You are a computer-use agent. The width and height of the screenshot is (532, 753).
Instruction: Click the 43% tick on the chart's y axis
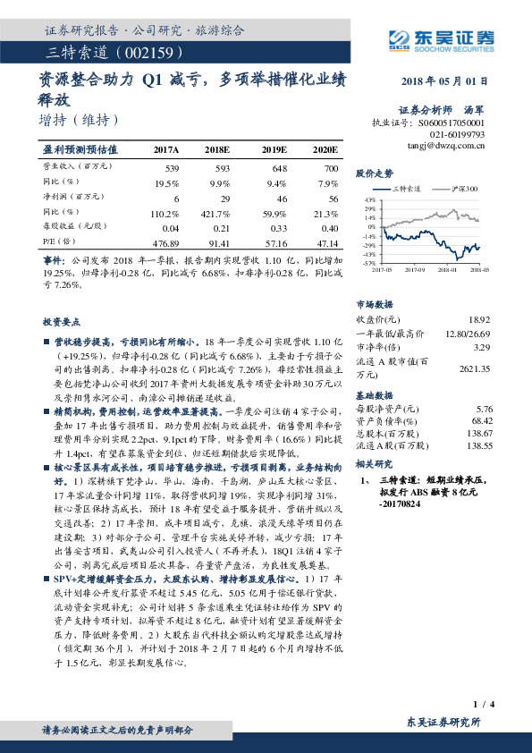pyautogui.click(x=369, y=200)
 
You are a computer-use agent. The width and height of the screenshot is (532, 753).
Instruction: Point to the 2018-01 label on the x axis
pyautogui.click(x=443, y=267)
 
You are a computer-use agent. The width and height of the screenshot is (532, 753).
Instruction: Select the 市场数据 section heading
pyautogui.click(x=375, y=303)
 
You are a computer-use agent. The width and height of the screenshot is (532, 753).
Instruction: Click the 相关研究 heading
pyautogui.click(x=375, y=463)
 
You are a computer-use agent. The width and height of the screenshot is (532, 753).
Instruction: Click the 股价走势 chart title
pyautogui.click(x=375, y=173)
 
